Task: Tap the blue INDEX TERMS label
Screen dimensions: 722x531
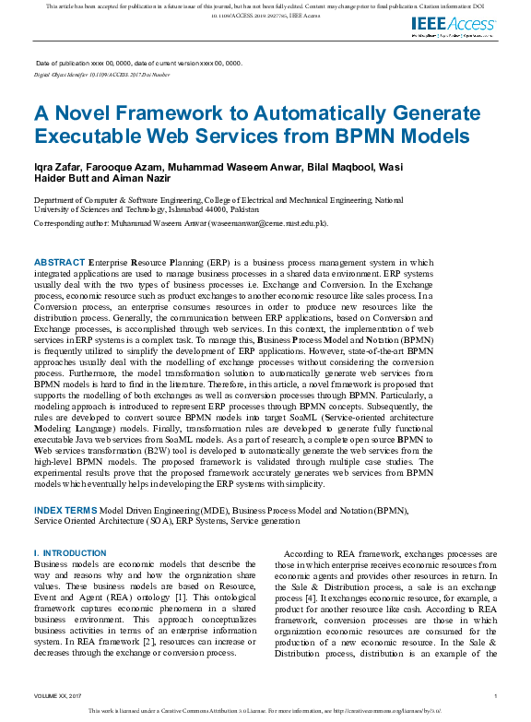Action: [65, 510]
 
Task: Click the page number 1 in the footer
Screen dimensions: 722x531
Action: [495, 695]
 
